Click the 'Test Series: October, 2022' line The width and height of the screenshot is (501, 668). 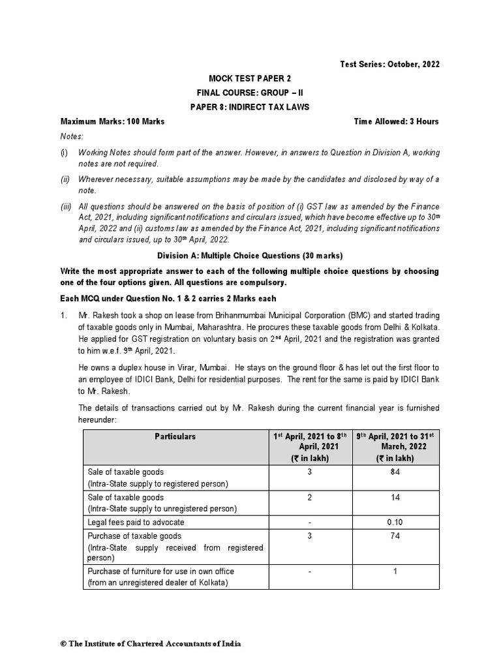click(x=389, y=64)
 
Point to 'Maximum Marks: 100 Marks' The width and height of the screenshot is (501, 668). click(x=112, y=121)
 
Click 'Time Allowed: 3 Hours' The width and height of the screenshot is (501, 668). click(x=396, y=121)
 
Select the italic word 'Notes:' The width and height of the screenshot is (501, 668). click(x=72, y=137)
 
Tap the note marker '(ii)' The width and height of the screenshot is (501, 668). click(x=66, y=179)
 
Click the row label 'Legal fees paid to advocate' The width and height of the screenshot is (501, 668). click(x=136, y=522)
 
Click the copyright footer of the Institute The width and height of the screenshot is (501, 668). click(x=151, y=643)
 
